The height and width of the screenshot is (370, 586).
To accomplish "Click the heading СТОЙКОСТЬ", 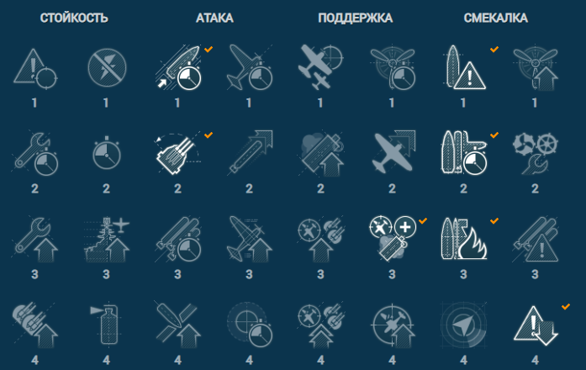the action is click(x=74, y=18).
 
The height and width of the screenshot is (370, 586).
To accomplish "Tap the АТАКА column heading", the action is click(x=214, y=18).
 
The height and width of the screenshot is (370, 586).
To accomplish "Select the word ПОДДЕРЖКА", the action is click(x=356, y=18).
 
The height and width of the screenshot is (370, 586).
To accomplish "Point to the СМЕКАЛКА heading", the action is click(x=496, y=18).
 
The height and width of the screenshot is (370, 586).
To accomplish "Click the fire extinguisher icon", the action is click(x=106, y=324).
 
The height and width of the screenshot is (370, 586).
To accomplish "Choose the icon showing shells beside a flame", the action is click(x=464, y=239).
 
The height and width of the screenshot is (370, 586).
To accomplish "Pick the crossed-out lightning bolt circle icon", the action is click(x=107, y=67).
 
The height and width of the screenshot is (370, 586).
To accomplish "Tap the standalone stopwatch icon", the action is click(x=107, y=153).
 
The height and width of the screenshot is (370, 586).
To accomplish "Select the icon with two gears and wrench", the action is click(x=536, y=153).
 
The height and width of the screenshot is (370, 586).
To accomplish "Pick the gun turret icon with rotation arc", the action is click(x=176, y=154).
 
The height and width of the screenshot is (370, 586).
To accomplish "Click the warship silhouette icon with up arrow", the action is click(x=107, y=239).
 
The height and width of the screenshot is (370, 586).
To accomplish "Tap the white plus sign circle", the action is click(x=405, y=226).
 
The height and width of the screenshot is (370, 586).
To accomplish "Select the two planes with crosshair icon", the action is click(x=320, y=67).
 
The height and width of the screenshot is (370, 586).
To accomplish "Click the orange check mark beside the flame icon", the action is click(x=494, y=221).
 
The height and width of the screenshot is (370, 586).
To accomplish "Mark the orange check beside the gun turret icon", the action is click(x=209, y=135).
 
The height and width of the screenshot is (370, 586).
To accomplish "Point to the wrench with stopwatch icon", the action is click(x=35, y=154).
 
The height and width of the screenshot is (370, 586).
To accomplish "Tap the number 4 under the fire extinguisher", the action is click(x=107, y=360).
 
